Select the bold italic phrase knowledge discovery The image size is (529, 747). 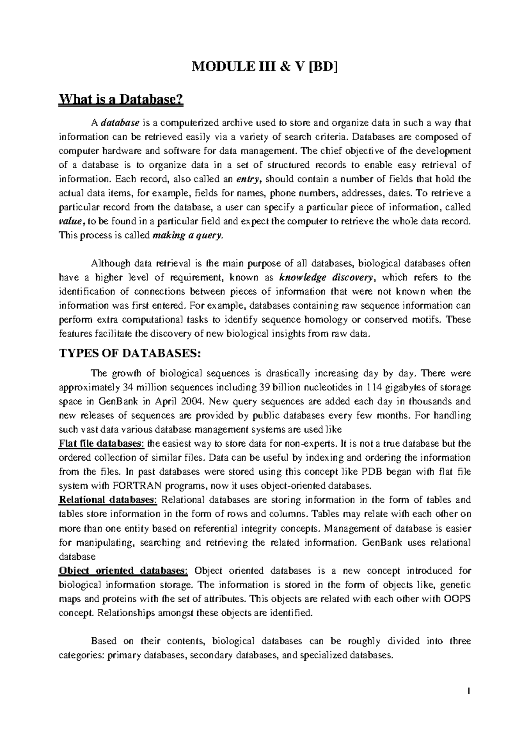coord(327,277)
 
